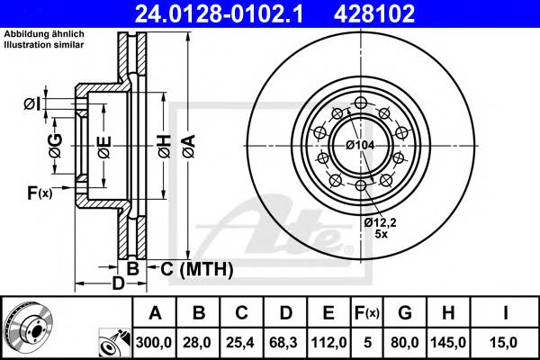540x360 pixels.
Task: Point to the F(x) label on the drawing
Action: point(40,192)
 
